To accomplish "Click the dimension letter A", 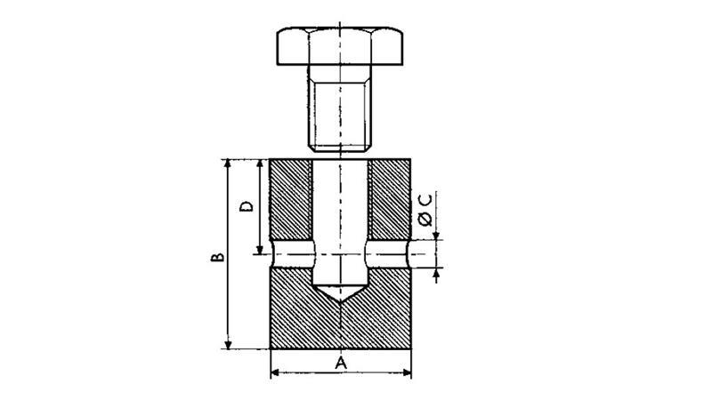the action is coord(341,363).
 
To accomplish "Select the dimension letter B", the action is coord(217,257).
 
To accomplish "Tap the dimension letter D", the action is coord(247,207).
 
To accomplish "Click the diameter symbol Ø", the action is coord(425,220).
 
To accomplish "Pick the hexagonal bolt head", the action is coord(340,46).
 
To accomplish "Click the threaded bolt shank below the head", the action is coord(340,108).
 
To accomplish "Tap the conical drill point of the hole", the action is coord(340,293).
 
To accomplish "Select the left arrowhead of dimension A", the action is coord(274,373).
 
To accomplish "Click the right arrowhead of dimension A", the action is coord(408,373).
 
